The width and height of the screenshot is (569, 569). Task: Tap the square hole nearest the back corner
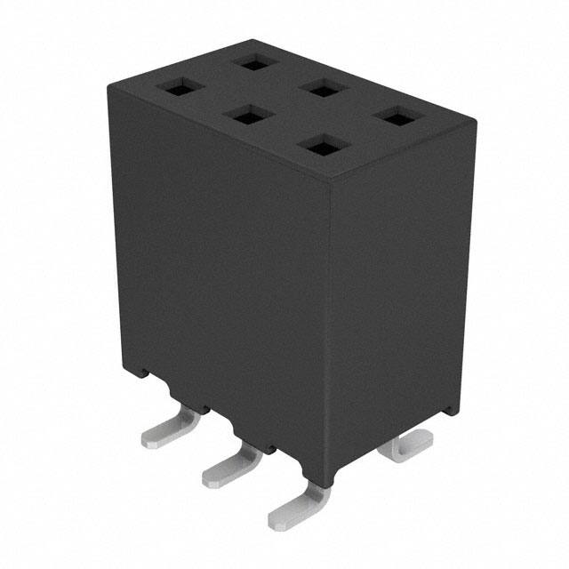click(254, 62)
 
